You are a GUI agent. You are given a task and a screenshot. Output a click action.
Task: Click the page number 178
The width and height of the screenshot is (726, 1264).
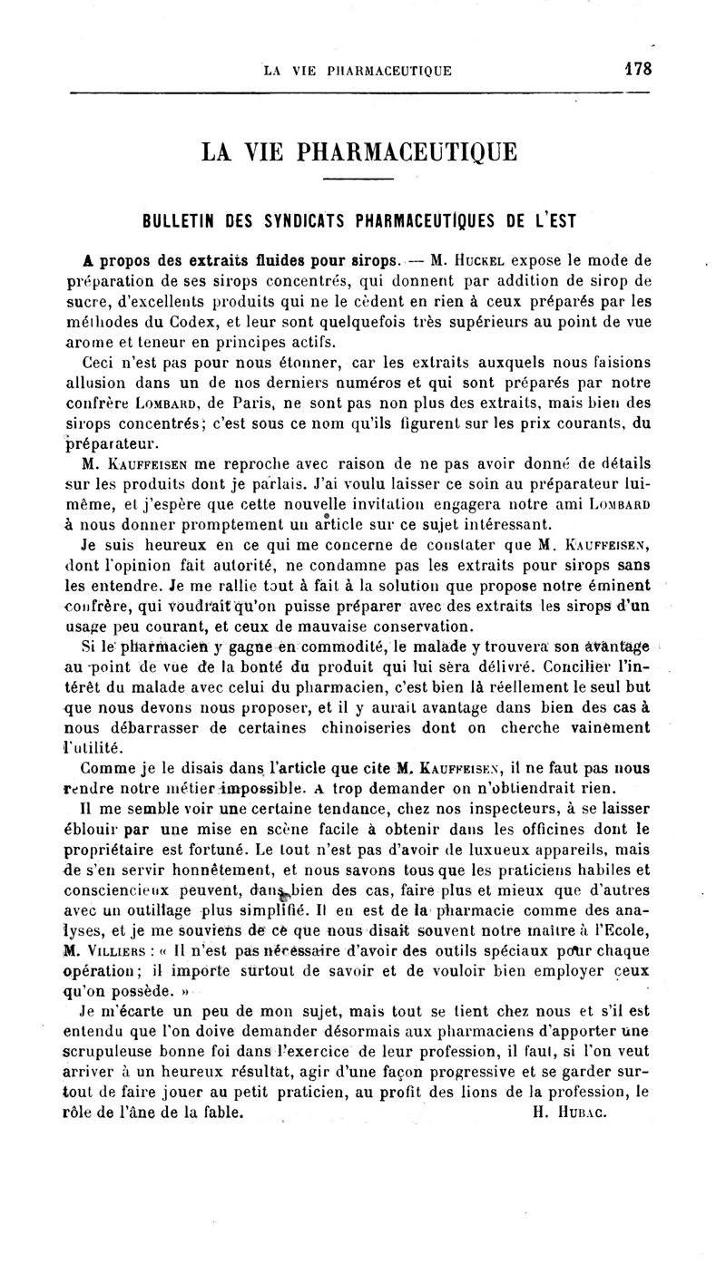[638, 69]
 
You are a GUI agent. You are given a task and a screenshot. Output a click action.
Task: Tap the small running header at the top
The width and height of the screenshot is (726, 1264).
[357, 71]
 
